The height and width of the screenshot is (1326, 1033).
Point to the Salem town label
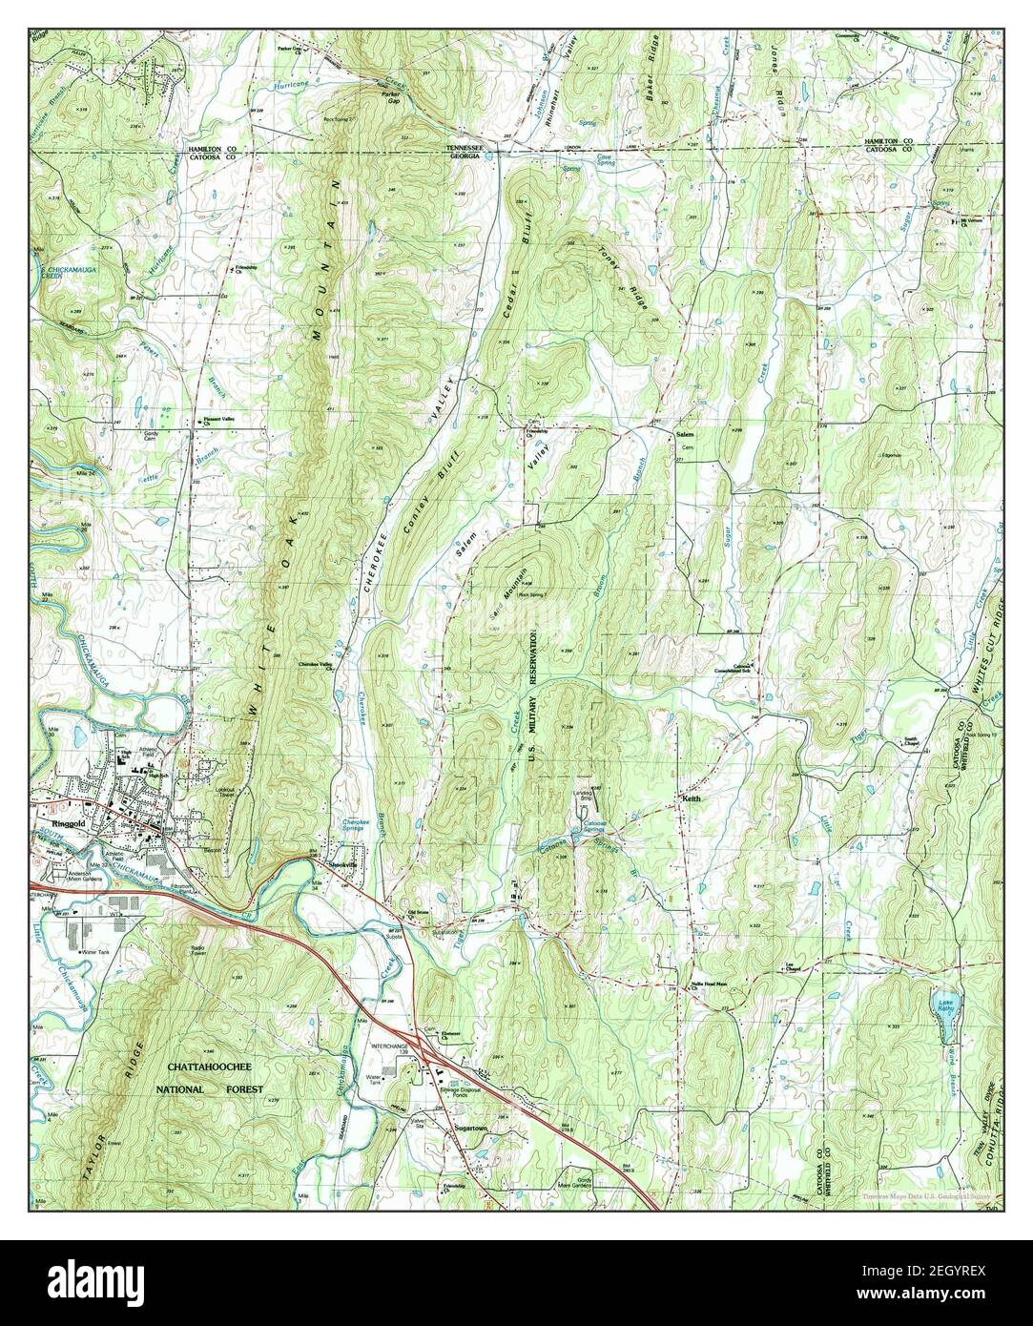click(685, 435)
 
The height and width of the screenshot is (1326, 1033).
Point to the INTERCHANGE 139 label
click(394, 1049)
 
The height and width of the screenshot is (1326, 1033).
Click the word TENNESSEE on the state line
click(468, 149)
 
